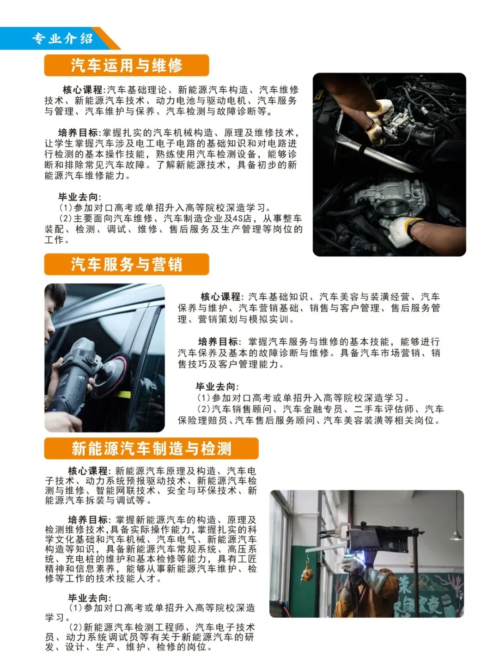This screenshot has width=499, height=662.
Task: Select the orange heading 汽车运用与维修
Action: click(126, 65)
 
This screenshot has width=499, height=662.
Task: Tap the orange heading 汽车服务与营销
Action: click(126, 264)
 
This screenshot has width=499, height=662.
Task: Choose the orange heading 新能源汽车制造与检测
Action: click(152, 449)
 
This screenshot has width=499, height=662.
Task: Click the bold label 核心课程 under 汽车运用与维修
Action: click(83, 90)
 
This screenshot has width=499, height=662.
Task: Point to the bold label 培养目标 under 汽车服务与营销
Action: click(218, 342)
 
